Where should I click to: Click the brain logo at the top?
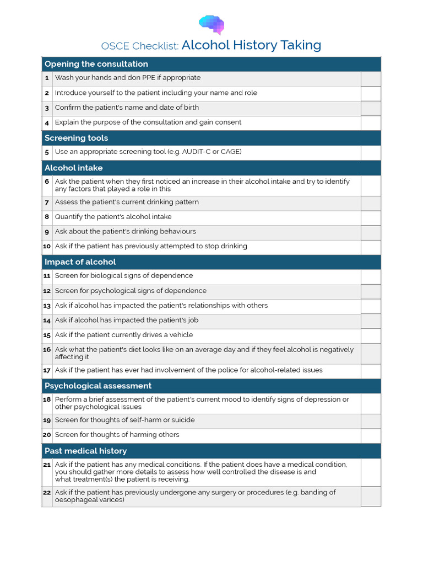[x=211, y=24]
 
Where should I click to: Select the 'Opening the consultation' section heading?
[x=96, y=64]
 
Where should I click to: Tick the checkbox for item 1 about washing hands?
[x=371, y=79]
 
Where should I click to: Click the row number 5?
[x=47, y=152]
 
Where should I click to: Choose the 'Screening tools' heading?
[x=76, y=138]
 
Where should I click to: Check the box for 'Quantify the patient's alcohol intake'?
[x=371, y=218]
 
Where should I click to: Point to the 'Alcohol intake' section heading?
[x=73, y=168]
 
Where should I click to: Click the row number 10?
[x=47, y=247]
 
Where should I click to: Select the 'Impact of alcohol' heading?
[x=80, y=262]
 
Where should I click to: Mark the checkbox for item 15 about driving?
[x=371, y=336]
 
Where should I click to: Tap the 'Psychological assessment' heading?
[x=97, y=386]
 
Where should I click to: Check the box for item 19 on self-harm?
[x=371, y=421]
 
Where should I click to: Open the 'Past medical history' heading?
[x=85, y=451]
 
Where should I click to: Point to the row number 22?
[x=47, y=493]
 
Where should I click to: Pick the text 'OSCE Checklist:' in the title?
[x=140, y=46]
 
